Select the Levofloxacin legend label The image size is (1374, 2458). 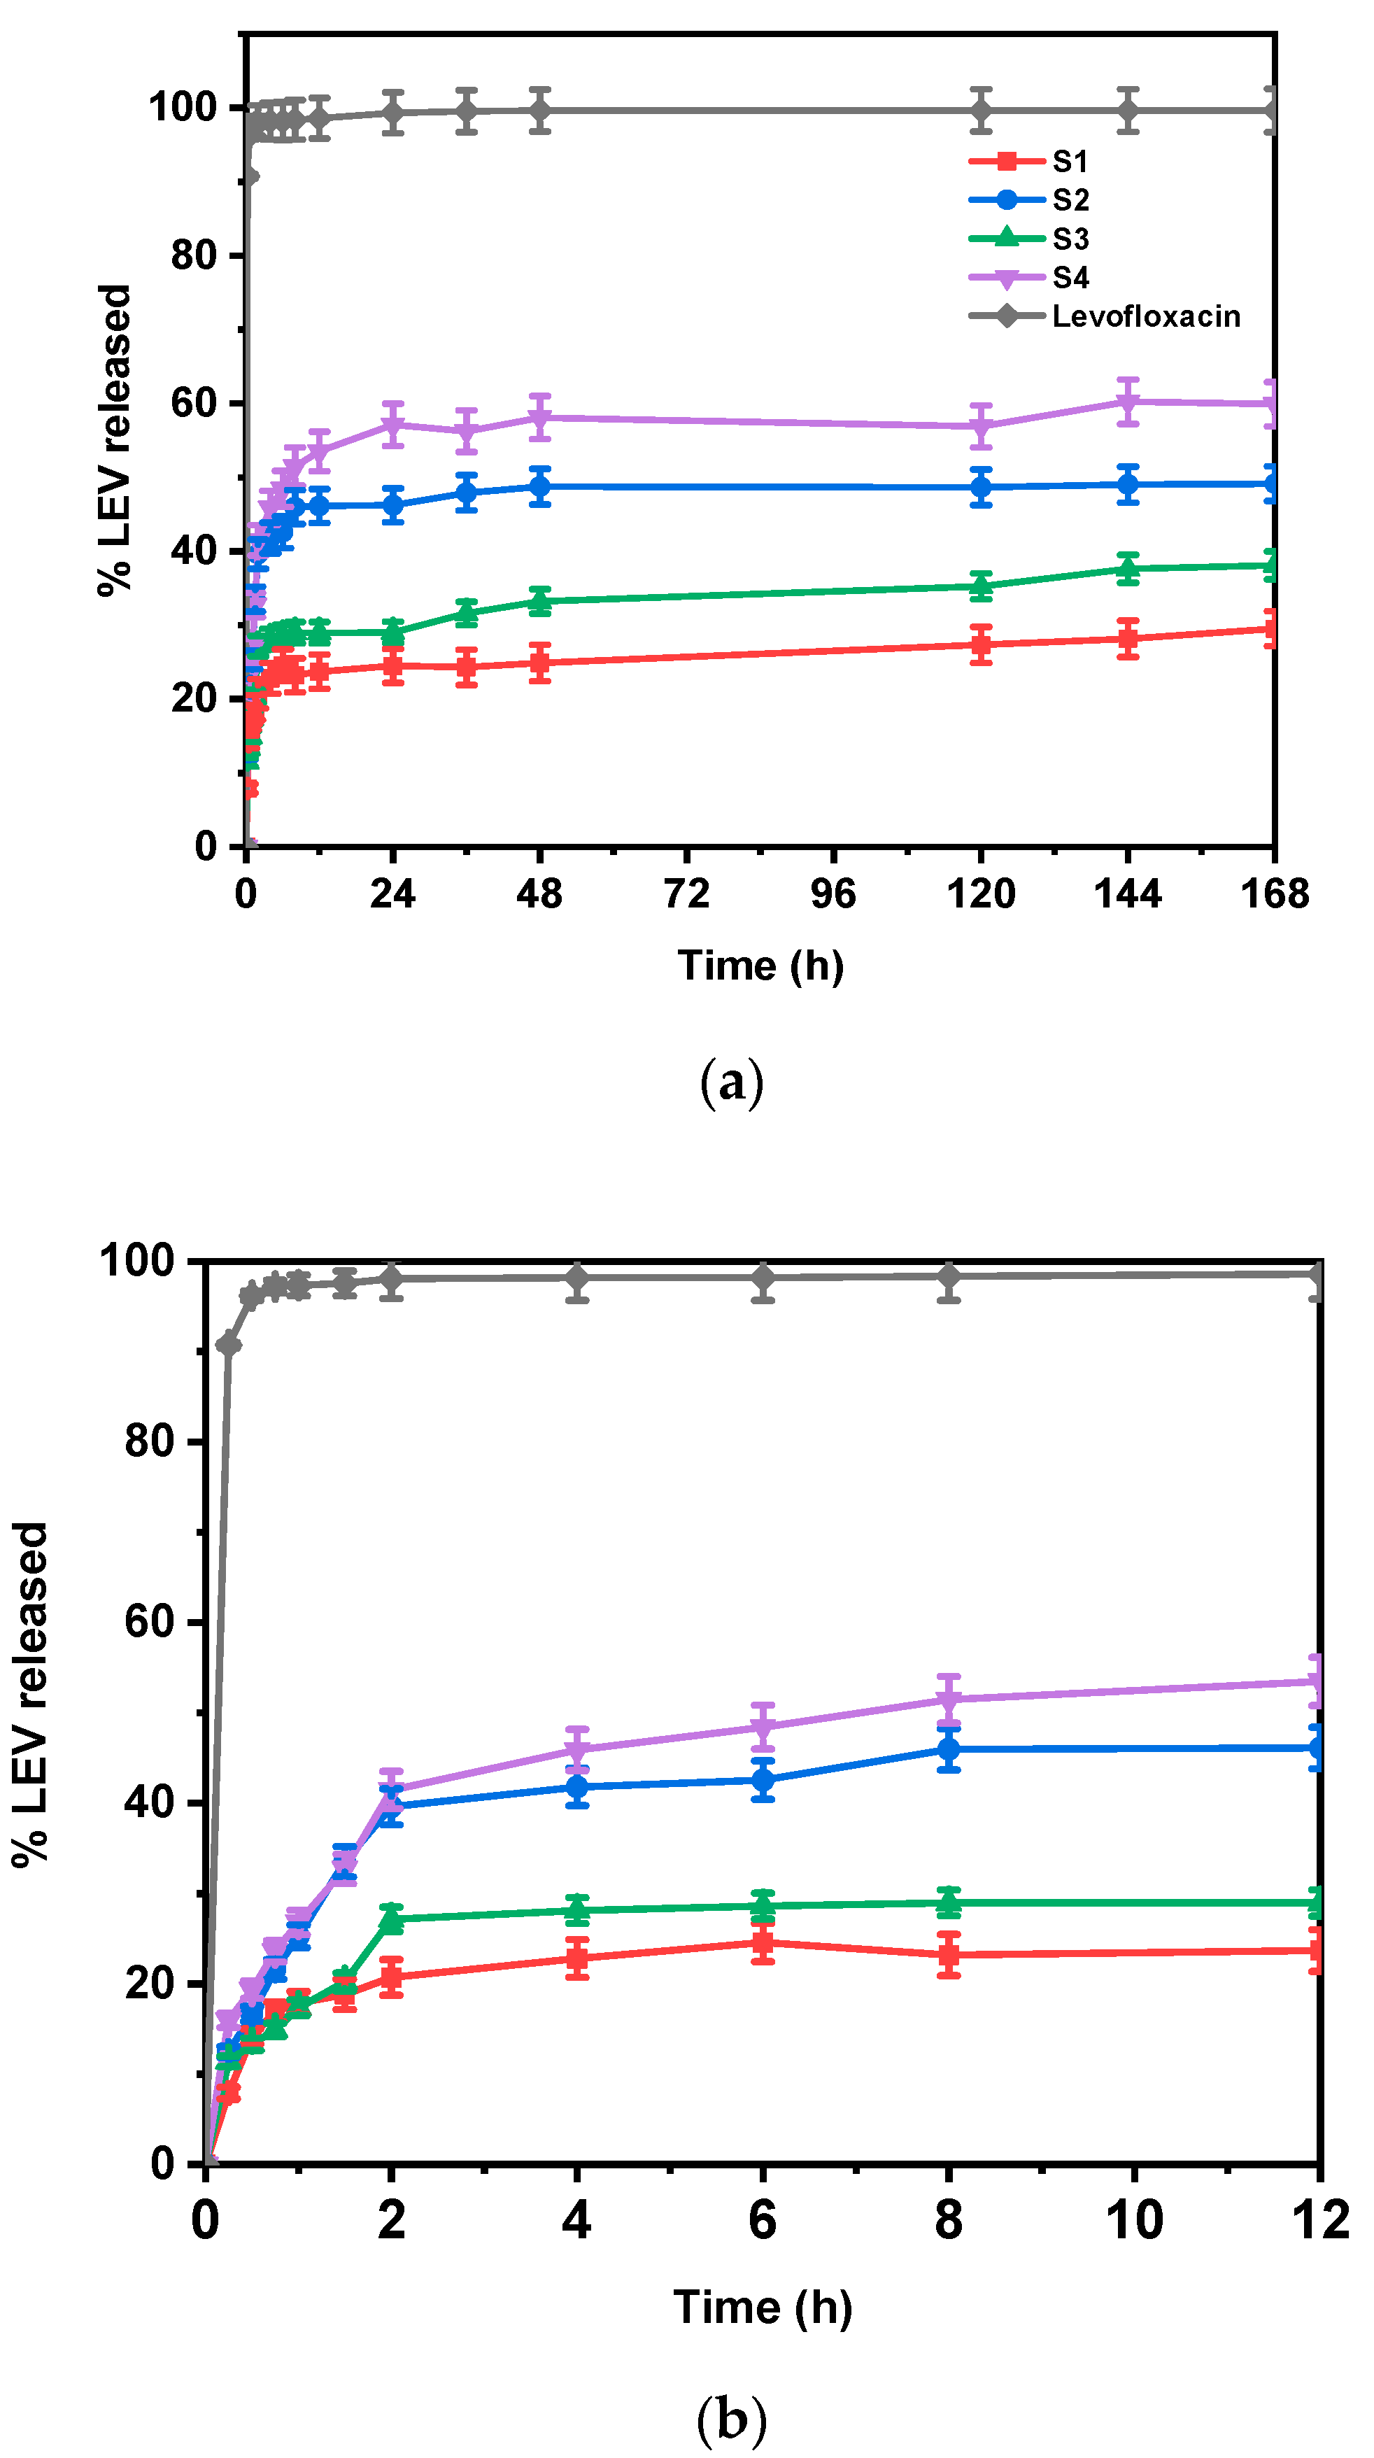pos(1145,317)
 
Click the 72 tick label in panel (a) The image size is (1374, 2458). pos(686,895)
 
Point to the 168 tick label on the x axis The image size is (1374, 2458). pos(1274,895)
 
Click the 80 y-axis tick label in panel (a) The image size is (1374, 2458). pos(194,255)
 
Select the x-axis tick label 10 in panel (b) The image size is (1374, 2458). pos(1133,2219)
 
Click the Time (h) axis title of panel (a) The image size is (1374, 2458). pos(760,966)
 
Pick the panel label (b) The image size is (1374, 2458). pos(732,2419)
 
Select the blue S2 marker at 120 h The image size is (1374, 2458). pos(981,488)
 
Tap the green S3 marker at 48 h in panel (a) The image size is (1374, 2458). pos(540,600)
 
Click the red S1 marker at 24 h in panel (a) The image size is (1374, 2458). pos(393,666)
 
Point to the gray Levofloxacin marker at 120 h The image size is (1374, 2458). pos(981,111)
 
